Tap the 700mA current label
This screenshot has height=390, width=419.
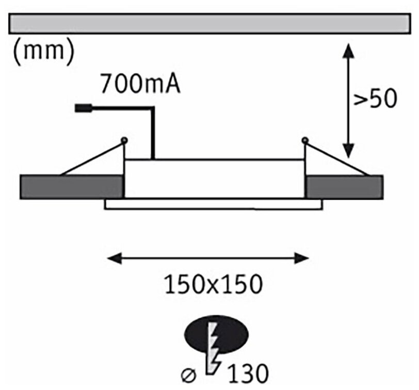(x=141, y=84)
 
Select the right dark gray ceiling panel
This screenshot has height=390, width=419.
(x=344, y=187)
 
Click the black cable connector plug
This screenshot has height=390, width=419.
(x=82, y=108)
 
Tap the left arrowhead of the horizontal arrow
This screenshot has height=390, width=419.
(x=113, y=257)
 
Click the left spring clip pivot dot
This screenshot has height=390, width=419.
(x=124, y=139)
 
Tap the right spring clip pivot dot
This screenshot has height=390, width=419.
(x=304, y=139)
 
